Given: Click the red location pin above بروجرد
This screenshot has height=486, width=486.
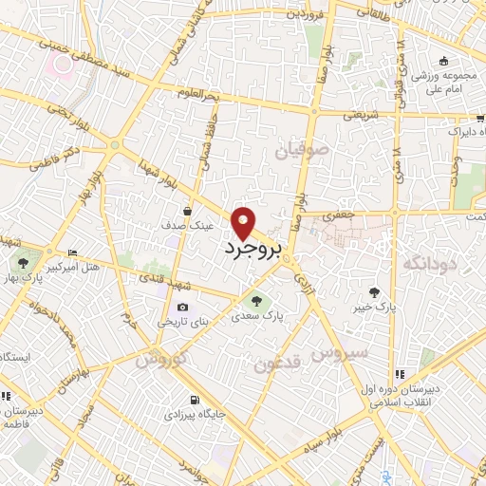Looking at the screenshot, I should pos(245,221).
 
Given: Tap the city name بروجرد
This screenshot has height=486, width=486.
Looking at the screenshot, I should pos(253,249).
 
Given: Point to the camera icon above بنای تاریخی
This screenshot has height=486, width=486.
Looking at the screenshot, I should pos(182,308).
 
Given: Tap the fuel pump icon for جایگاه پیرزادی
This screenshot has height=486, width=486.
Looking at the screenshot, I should pos(195,400).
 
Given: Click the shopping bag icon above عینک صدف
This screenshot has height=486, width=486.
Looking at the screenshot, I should pos(188,211).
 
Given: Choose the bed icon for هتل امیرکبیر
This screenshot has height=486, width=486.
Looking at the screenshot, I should pos(73,253).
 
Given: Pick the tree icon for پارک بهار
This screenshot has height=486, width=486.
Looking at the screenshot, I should pos(23,262).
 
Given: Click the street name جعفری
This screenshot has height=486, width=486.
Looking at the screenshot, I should pos(339,216).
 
